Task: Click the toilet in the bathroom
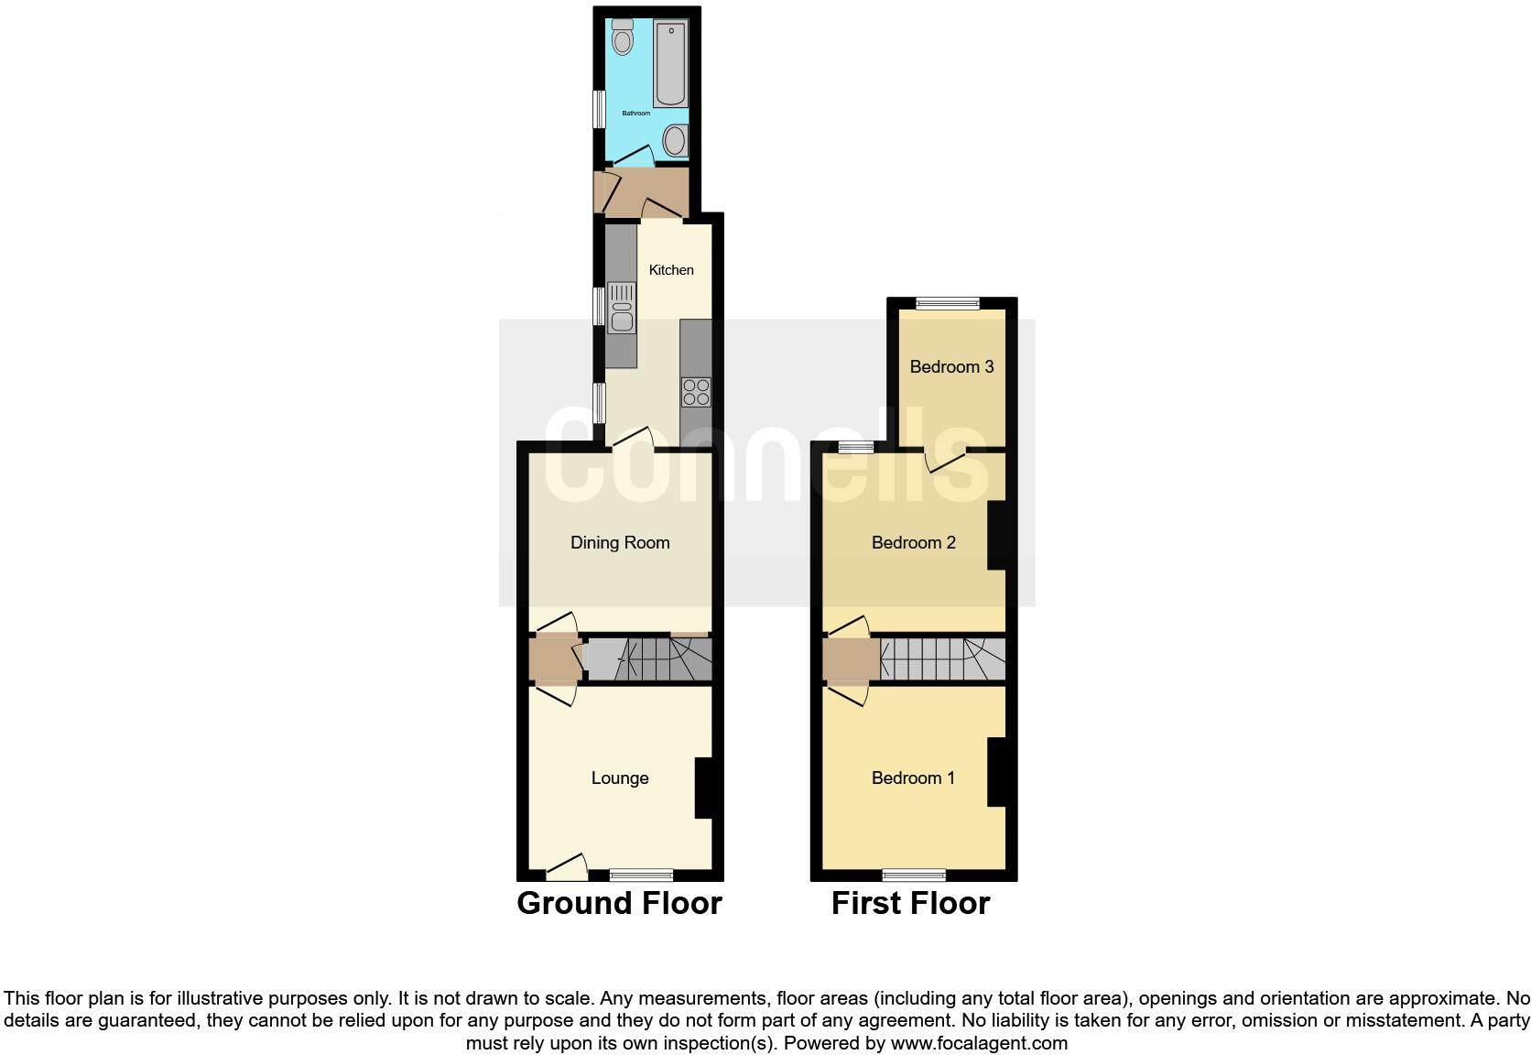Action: [x=623, y=38]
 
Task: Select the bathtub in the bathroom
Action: [x=670, y=64]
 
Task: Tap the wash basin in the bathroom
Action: [x=675, y=141]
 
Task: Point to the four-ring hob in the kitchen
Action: [x=696, y=391]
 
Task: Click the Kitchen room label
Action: [x=671, y=270]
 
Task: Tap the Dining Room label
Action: [x=620, y=543]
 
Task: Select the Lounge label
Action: [x=620, y=778]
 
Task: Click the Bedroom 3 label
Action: [x=951, y=367]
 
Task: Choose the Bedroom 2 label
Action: [x=913, y=543]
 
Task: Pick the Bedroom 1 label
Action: [x=913, y=778]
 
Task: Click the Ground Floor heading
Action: [x=619, y=903]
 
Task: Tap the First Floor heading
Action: [x=910, y=903]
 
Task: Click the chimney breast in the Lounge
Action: [x=705, y=788]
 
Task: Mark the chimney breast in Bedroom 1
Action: [x=997, y=772]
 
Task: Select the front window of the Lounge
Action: [x=642, y=875]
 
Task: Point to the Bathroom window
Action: [x=599, y=109]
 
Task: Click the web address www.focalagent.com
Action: [x=979, y=1043]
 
